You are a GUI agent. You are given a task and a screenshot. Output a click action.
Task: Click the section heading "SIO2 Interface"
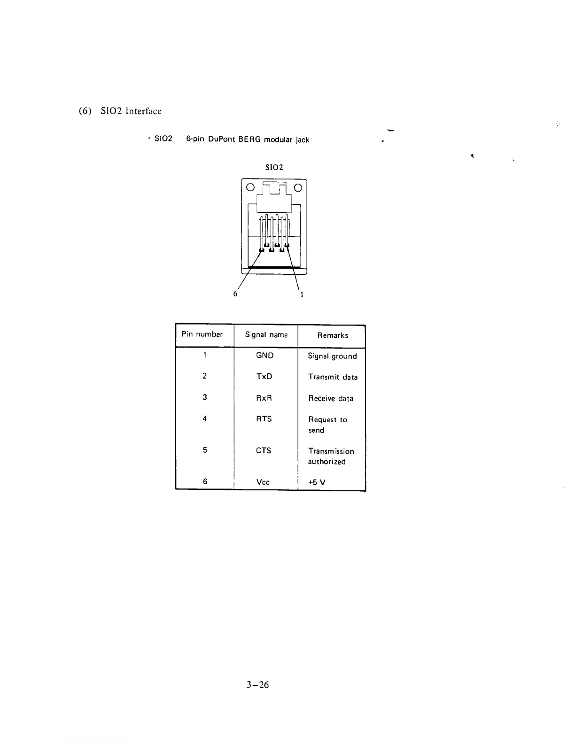tap(131, 111)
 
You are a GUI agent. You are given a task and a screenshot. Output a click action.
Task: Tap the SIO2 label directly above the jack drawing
tap(274, 167)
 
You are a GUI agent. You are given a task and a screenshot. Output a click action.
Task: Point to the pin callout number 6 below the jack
tap(235, 294)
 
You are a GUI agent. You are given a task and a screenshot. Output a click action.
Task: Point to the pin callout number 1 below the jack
tap(302, 294)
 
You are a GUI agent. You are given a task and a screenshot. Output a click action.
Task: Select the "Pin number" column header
tap(202, 334)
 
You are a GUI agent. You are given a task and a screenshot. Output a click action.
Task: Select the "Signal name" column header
tap(266, 335)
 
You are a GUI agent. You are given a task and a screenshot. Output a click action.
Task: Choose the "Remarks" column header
tap(333, 335)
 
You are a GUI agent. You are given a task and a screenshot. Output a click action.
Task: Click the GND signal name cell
tap(264, 356)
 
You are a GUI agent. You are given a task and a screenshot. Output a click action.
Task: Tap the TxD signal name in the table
tap(264, 377)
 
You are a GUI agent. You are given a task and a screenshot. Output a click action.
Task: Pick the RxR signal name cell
tap(264, 398)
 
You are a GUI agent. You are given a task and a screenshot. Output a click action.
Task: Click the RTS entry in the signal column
tap(264, 419)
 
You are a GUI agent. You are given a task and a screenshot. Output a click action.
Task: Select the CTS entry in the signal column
tap(264, 450)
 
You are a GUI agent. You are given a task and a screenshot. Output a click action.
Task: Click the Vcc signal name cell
tap(263, 482)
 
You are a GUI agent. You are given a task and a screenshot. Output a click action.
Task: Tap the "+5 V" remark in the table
tap(317, 482)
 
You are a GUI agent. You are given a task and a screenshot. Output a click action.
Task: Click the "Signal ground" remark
tap(332, 356)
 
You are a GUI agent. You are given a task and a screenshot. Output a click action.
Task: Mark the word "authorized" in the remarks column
tap(326, 462)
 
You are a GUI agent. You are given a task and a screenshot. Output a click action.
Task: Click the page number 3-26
tap(257, 685)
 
